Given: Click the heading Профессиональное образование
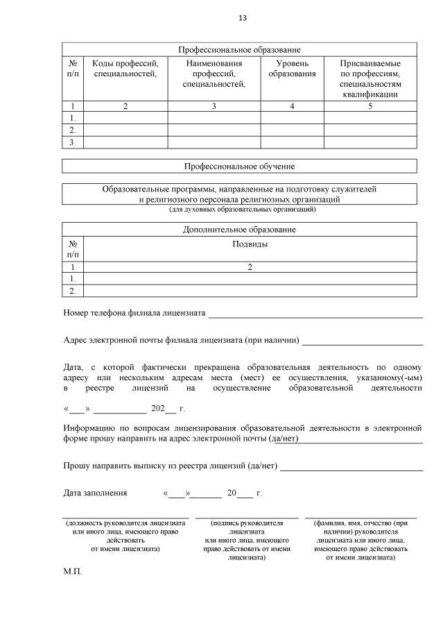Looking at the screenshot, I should (x=239, y=50).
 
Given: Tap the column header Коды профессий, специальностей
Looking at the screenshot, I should (x=125, y=69).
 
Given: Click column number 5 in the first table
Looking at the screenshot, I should (x=370, y=106).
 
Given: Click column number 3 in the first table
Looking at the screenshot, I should (x=214, y=106).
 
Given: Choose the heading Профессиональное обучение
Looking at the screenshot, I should (x=239, y=167).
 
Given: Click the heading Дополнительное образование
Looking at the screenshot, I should (x=239, y=229).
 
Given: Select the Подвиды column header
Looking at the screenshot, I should (x=250, y=244).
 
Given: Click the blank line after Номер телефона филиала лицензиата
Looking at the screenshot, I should (x=315, y=315).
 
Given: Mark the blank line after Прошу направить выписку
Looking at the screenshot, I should (x=351, y=468).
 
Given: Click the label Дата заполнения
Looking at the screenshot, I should (x=95, y=493).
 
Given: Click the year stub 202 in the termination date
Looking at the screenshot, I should (x=158, y=409).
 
